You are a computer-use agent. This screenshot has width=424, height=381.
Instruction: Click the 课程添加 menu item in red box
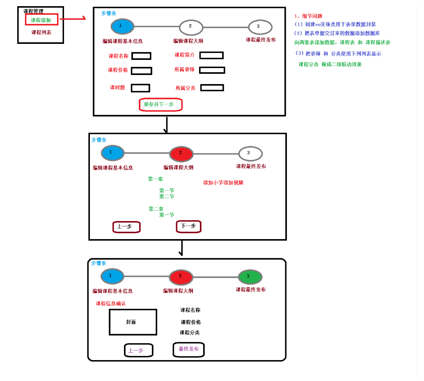41,20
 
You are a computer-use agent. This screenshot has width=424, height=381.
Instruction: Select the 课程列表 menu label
41,32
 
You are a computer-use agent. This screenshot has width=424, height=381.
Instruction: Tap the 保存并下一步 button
160,105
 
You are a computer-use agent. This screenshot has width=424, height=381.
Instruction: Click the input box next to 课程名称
141,56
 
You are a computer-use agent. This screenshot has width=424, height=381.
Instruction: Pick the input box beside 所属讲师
212,70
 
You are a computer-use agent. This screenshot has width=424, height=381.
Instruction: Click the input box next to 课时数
140,88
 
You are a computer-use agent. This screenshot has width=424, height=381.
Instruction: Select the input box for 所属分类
212,88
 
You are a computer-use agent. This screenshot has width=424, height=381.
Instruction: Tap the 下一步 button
189,226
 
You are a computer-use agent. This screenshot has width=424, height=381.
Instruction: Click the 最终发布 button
189,349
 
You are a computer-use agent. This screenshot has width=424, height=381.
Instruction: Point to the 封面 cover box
133,322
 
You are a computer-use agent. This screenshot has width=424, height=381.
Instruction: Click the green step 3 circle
250,276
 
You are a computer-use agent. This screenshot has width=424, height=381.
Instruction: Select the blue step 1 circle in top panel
122,26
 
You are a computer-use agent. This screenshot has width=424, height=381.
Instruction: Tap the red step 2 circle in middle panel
181,154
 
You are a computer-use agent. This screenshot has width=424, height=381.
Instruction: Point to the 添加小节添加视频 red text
223,183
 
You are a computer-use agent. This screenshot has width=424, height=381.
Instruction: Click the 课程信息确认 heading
110,304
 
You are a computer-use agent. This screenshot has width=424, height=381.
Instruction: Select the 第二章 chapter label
156,209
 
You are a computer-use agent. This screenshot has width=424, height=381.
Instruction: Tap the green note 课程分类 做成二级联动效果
330,65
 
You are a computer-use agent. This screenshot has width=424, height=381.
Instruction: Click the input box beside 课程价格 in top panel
141,71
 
